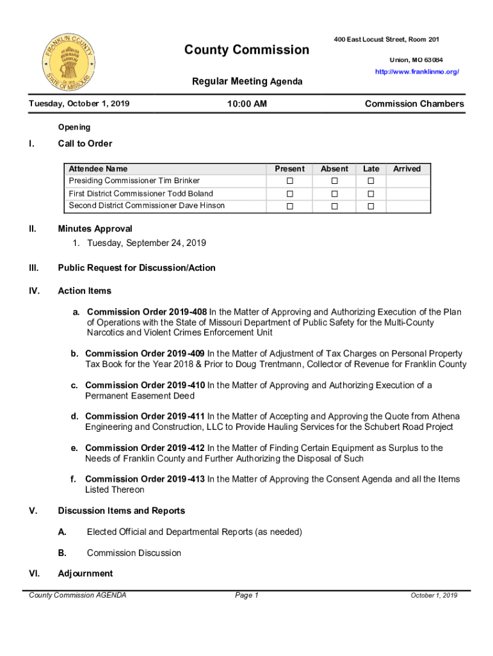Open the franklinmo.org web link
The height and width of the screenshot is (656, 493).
417,72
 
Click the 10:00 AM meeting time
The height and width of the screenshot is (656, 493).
247,104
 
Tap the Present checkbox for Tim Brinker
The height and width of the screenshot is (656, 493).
289,181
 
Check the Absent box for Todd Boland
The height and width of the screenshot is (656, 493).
334,193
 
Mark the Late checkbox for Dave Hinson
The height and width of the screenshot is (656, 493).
371,206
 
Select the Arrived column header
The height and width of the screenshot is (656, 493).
407,169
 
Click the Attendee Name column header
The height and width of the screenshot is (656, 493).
98,169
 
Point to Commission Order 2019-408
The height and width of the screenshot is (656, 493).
147,312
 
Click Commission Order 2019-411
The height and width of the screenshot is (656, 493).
145,416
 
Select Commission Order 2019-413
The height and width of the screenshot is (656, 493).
145,479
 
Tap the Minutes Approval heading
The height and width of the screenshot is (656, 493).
95,229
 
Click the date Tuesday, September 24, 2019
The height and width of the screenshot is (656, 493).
147,243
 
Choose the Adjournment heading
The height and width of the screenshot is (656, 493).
85,573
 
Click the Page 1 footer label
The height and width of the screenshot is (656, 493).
247,596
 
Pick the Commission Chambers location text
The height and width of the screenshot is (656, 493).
414,104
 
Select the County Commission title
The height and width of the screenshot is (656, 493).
247,50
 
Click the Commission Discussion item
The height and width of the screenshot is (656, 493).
134,553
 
